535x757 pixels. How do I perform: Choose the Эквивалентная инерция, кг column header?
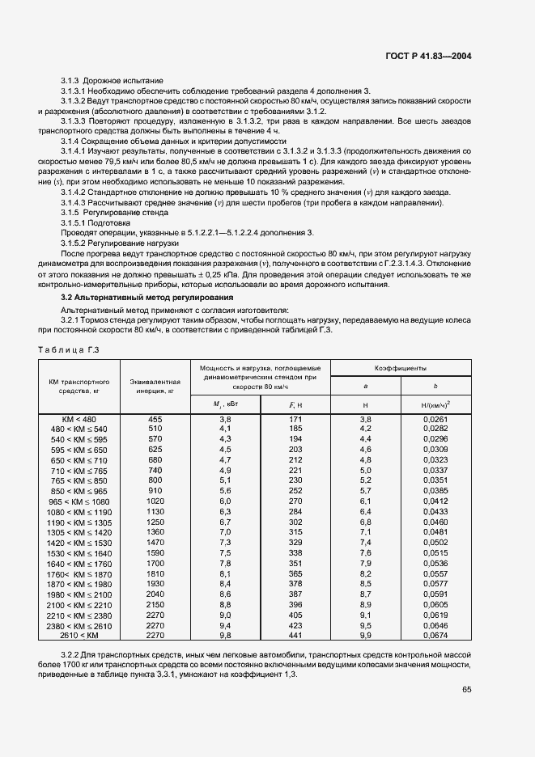pos(155,385)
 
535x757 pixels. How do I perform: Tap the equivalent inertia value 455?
pos(155,419)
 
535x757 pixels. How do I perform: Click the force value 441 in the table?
pos(295,636)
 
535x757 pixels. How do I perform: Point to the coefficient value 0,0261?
pos(435,419)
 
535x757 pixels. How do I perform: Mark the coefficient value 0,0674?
pos(435,636)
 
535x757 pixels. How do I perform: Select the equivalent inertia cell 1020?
pos(155,501)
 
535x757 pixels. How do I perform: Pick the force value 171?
pos(295,419)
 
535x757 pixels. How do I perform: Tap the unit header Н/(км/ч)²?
pos(435,403)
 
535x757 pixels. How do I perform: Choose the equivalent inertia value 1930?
pos(155,584)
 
